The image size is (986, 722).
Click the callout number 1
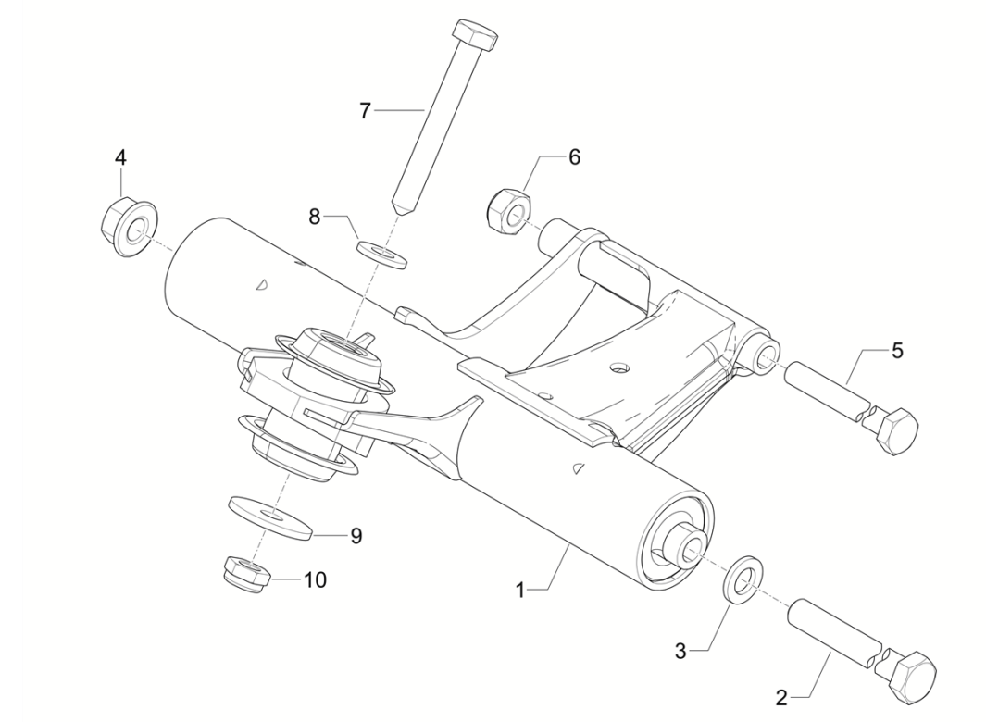520,590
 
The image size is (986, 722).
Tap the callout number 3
680,651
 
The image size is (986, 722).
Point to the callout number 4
120,157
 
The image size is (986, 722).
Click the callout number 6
574,157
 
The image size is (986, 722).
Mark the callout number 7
366,111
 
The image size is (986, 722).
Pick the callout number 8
316,217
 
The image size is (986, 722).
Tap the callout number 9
356,535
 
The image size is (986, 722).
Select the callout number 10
315,579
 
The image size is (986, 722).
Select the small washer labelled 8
381,252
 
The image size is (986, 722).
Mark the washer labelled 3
742,579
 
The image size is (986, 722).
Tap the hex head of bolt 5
896,430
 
